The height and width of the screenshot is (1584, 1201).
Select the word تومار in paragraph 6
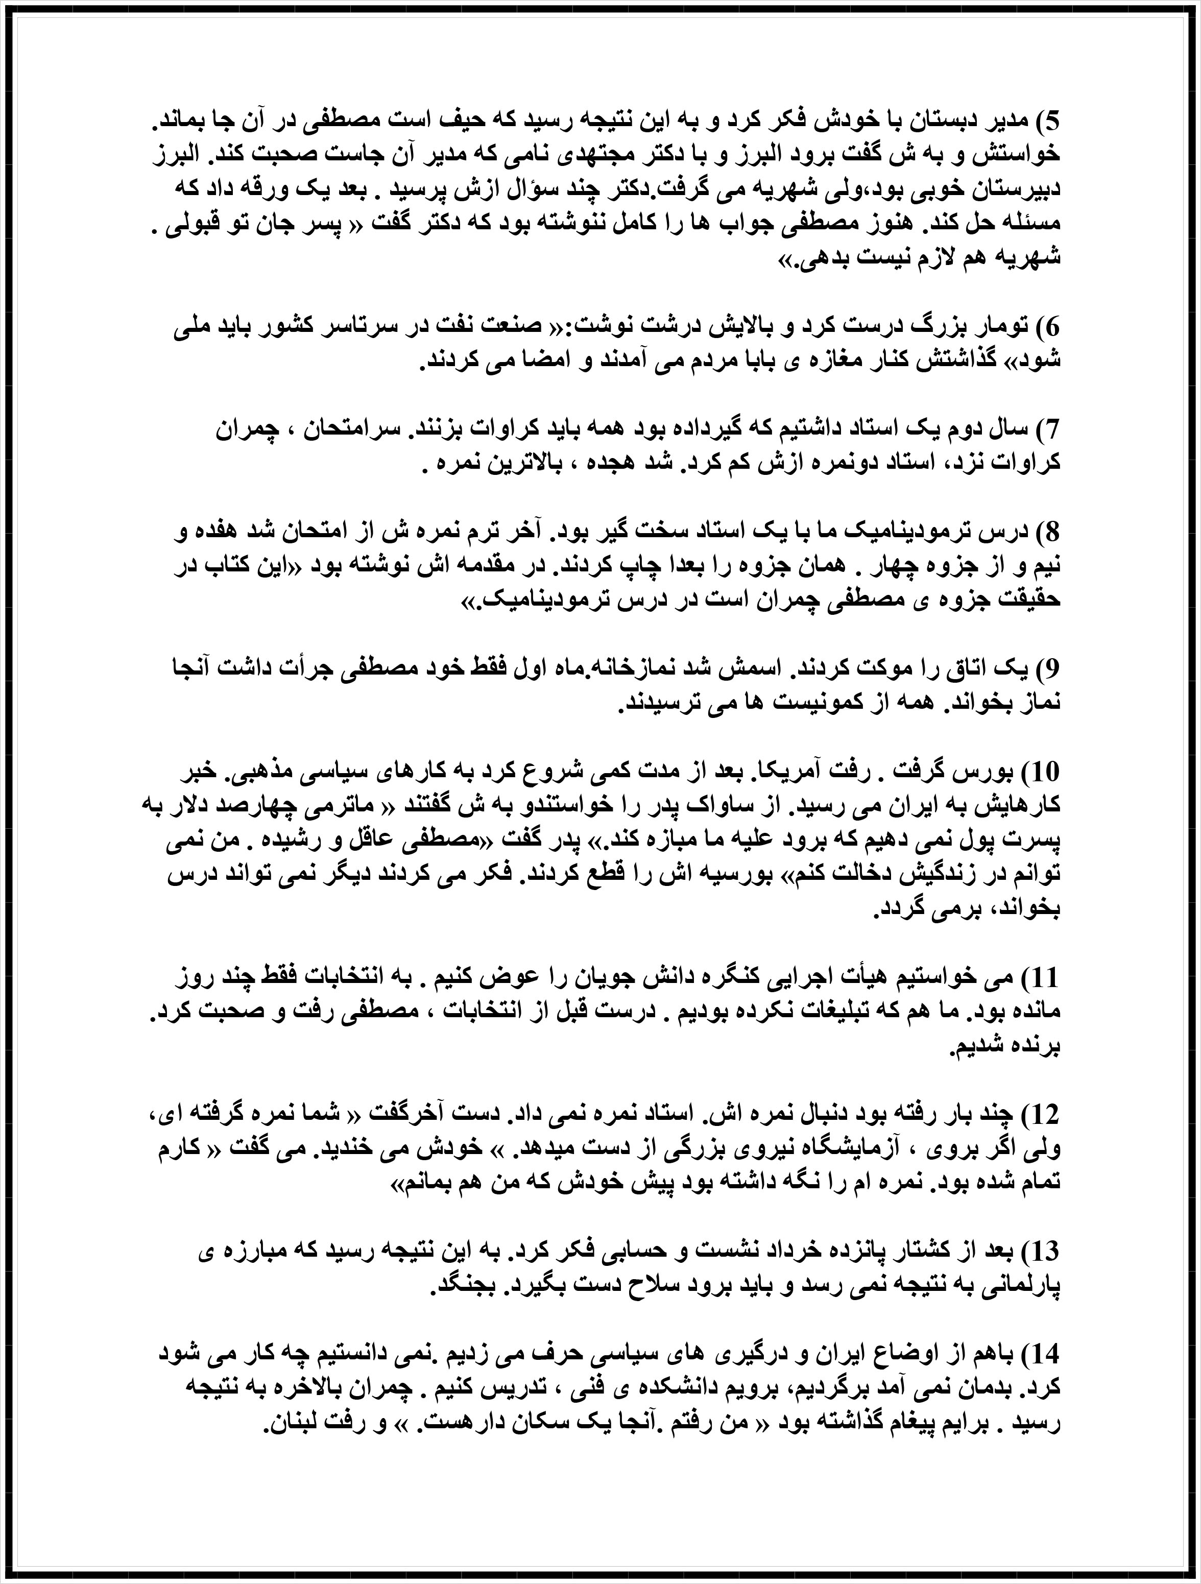click(999, 326)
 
